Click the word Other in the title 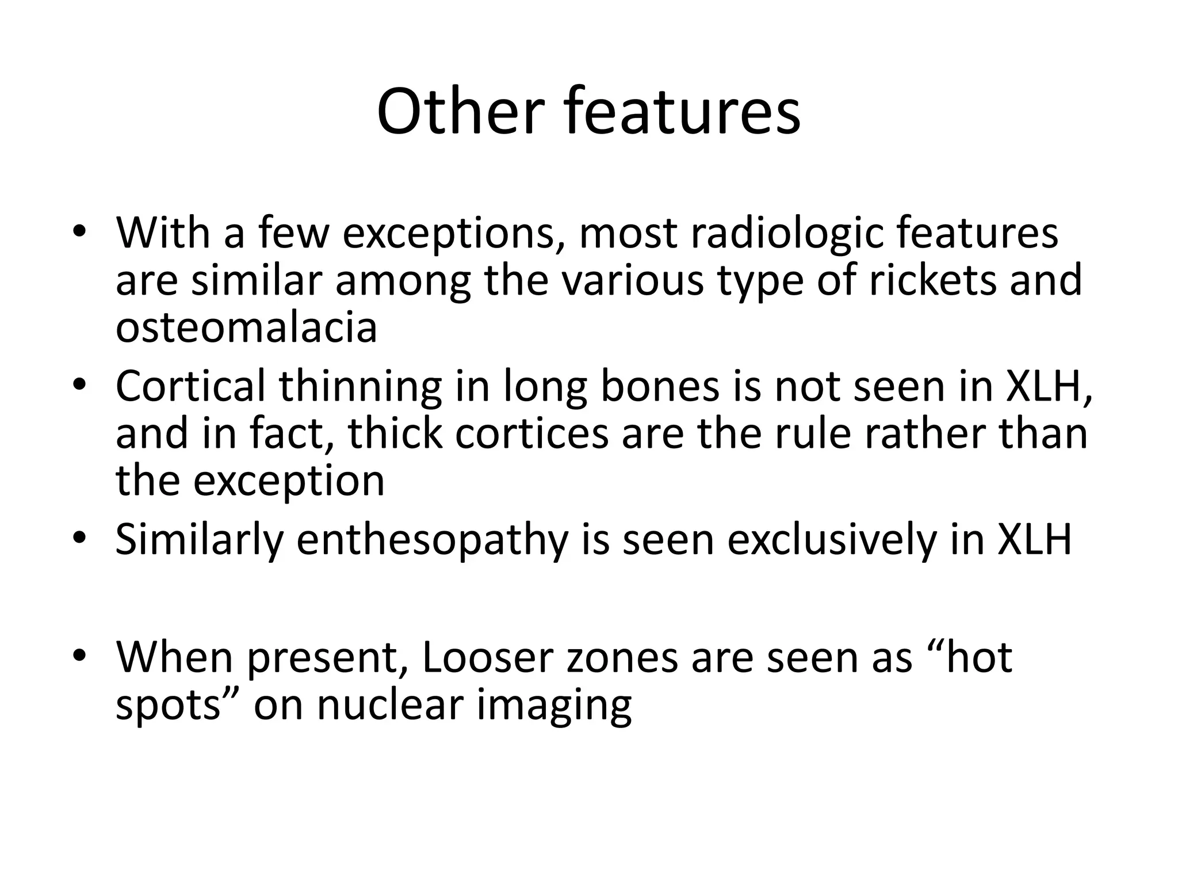[x=460, y=112]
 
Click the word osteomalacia [x=246, y=327]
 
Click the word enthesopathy [x=432, y=541]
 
